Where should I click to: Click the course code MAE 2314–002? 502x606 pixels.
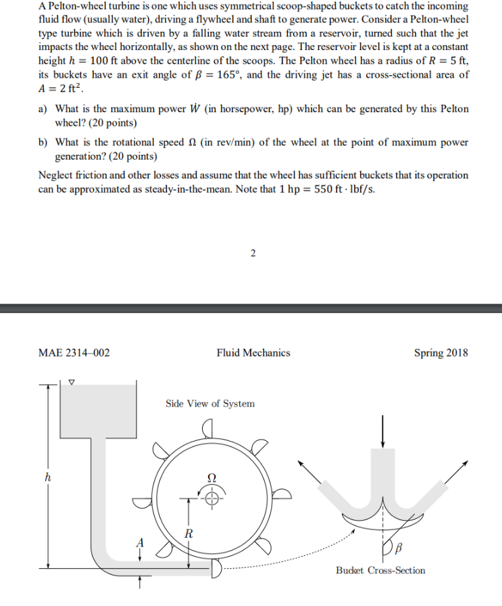click(74, 352)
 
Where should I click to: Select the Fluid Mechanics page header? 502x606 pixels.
click(253, 352)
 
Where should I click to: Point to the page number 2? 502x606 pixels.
click(253, 254)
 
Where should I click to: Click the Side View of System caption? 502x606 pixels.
click(210, 404)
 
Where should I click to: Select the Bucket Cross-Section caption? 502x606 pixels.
click(380, 570)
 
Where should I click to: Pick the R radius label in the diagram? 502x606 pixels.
click(190, 532)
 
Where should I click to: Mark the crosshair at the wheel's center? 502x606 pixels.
click(212, 500)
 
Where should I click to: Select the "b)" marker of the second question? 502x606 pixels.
click(44, 143)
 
